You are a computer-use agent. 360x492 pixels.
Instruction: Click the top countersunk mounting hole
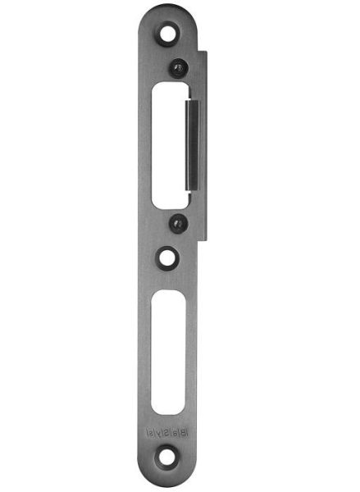[x=170, y=34]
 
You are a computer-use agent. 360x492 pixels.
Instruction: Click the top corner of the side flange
[x=206, y=52]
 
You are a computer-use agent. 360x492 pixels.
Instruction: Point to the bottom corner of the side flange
[x=206, y=239]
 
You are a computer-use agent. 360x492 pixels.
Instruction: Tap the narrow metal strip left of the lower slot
[x=144, y=353]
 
